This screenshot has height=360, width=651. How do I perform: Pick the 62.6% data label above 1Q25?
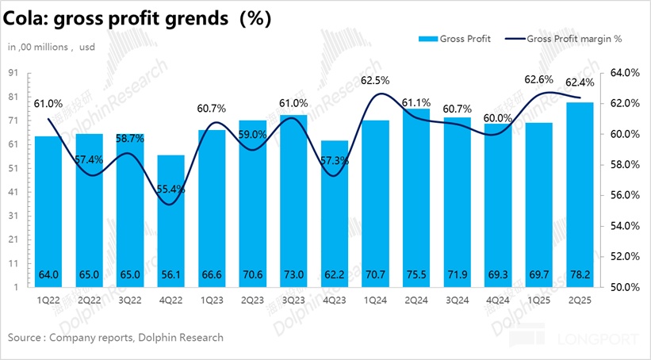[539, 79]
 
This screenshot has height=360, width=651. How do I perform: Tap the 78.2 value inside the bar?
[579, 274]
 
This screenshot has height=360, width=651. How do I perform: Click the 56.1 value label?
[170, 274]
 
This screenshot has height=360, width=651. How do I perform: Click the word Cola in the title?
[27, 18]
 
